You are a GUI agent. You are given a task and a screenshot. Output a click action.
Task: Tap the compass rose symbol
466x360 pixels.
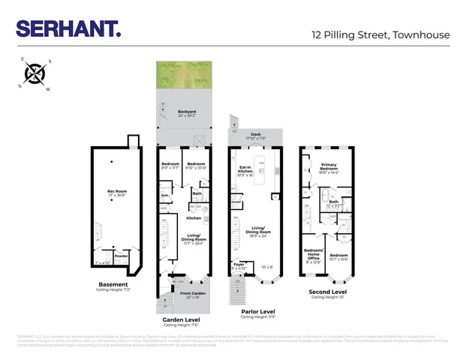34,73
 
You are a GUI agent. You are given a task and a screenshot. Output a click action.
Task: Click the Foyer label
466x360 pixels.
239,264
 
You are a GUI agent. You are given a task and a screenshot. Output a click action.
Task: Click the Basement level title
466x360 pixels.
113,284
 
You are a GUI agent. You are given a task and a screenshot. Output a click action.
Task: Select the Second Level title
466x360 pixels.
328,291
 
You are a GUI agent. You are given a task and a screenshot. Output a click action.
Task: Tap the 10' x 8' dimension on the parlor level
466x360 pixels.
266,266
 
